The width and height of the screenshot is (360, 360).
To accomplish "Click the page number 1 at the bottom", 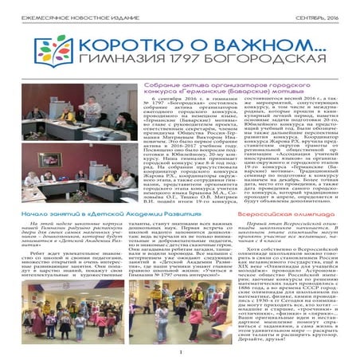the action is (181, 354).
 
